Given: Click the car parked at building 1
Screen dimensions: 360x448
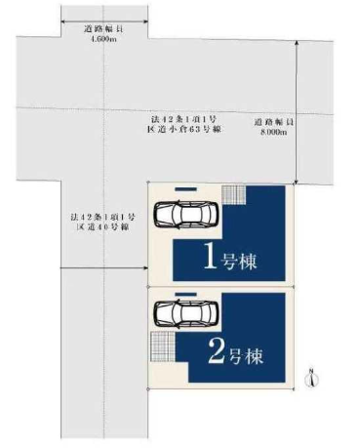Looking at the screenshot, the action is [x=186, y=214].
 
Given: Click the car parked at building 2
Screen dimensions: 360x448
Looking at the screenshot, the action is [x=186, y=313].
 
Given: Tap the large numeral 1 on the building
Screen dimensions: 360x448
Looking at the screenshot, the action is [x=210, y=256].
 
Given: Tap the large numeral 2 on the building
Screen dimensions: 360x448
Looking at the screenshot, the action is [x=217, y=350].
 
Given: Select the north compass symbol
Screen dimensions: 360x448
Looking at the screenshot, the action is [x=312, y=378].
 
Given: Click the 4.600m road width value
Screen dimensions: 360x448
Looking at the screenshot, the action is [x=103, y=39].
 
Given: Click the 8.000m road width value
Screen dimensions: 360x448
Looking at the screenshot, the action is [x=274, y=132].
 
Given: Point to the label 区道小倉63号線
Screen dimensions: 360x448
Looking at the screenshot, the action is [x=184, y=129].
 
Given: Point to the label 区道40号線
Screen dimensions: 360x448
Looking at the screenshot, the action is [x=102, y=226].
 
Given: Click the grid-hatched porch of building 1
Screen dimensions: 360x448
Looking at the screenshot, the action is [x=233, y=194].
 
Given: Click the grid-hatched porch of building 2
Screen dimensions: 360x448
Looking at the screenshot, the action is [x=163, y=346].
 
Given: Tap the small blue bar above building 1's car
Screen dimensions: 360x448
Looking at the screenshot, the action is [x=185, y=188].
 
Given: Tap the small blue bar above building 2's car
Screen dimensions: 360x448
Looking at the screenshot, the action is [x=185, y=294].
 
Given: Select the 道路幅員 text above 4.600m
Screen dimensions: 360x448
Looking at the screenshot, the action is [x=103, y=29].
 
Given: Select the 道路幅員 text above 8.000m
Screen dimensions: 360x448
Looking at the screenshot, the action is [x=274, y=122].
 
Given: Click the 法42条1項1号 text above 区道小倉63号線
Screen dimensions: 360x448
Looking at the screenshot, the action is [x=184, y=118].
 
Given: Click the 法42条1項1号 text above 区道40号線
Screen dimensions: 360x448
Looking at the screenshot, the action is [x=102, y=216].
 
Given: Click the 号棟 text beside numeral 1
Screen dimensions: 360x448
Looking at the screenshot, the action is [x=239, y=261].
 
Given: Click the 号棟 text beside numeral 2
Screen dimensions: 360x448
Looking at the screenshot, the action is [x=247, y=355].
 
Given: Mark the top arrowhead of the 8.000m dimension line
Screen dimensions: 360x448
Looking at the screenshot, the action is [x=297, y=43].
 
